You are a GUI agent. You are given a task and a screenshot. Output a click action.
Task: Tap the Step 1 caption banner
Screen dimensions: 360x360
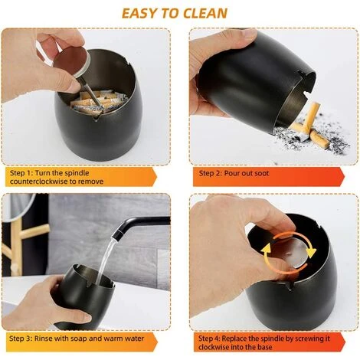(80, 177)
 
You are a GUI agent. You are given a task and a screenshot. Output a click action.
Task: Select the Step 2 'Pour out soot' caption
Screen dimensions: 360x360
(269, 177)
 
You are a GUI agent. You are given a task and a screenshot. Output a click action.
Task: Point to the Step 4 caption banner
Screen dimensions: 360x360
(269, 342)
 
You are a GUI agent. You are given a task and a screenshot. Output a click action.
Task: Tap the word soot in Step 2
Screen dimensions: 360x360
(260, 173)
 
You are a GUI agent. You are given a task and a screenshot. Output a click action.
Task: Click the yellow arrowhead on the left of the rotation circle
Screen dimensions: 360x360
(266, 249)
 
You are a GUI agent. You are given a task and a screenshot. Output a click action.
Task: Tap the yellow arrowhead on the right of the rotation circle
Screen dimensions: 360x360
(311, 252)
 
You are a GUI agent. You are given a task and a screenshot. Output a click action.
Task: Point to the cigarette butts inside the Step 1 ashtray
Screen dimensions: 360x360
(98, 102)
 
